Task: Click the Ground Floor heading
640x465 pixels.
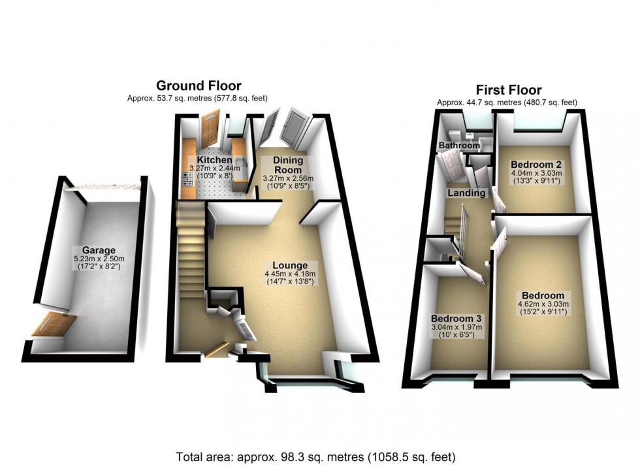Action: (199, 86)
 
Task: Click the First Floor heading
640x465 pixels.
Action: (507, 89)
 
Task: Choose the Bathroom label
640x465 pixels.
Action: (459, 145)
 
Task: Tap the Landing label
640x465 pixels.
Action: (466, 193)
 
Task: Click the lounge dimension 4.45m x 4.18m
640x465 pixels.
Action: (290, 274)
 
